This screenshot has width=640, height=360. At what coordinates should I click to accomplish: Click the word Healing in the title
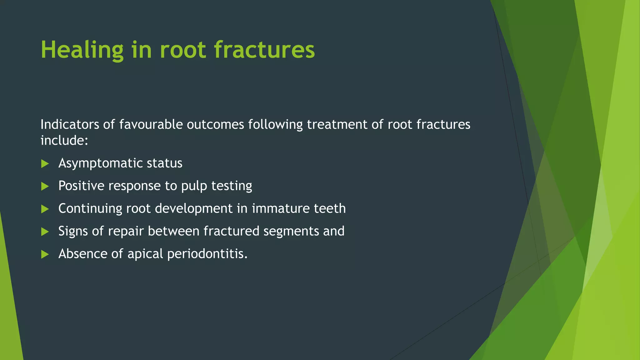(x=82, y=50)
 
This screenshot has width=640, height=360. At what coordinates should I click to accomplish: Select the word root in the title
(x=183, y=50)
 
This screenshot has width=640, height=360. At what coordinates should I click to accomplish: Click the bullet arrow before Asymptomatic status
(x=45, y=163)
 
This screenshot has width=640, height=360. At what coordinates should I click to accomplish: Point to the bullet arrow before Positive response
(x=45, y=186)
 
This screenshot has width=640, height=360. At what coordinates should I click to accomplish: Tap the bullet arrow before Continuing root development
(x=45, y=209)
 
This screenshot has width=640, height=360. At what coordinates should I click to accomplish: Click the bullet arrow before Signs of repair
(x=45, y=232)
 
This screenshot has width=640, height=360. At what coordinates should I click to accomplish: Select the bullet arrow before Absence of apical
(x=45, y=254)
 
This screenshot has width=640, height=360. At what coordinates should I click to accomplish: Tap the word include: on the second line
(x=64, y=140)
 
